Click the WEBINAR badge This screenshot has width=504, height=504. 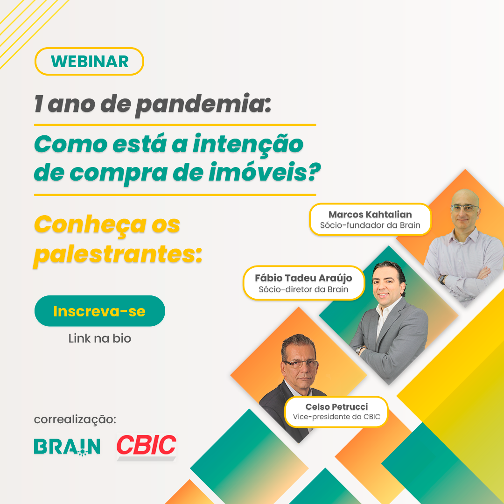click(89, 62)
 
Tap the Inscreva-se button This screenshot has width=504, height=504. click(100, 311)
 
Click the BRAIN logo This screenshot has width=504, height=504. click(67, 447)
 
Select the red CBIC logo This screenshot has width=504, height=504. click(146, 446)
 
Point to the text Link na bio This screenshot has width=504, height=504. click(100, 338)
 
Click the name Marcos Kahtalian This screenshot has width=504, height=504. click(370, 214)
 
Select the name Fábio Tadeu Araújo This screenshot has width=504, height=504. click(303, 278)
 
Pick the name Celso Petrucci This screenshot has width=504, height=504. click(336, 406)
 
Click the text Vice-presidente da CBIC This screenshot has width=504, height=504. click(336, 417)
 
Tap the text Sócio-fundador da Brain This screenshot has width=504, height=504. click(370, 225)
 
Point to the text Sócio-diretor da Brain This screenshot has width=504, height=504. click(303, 289)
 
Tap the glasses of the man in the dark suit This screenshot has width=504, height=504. click(300, 364)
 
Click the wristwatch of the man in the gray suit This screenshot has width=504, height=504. click(358, 350)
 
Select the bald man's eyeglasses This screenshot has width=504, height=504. click(464, 208)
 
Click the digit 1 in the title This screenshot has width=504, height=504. click(39, 104)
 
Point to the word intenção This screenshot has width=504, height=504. click(248, 144)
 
